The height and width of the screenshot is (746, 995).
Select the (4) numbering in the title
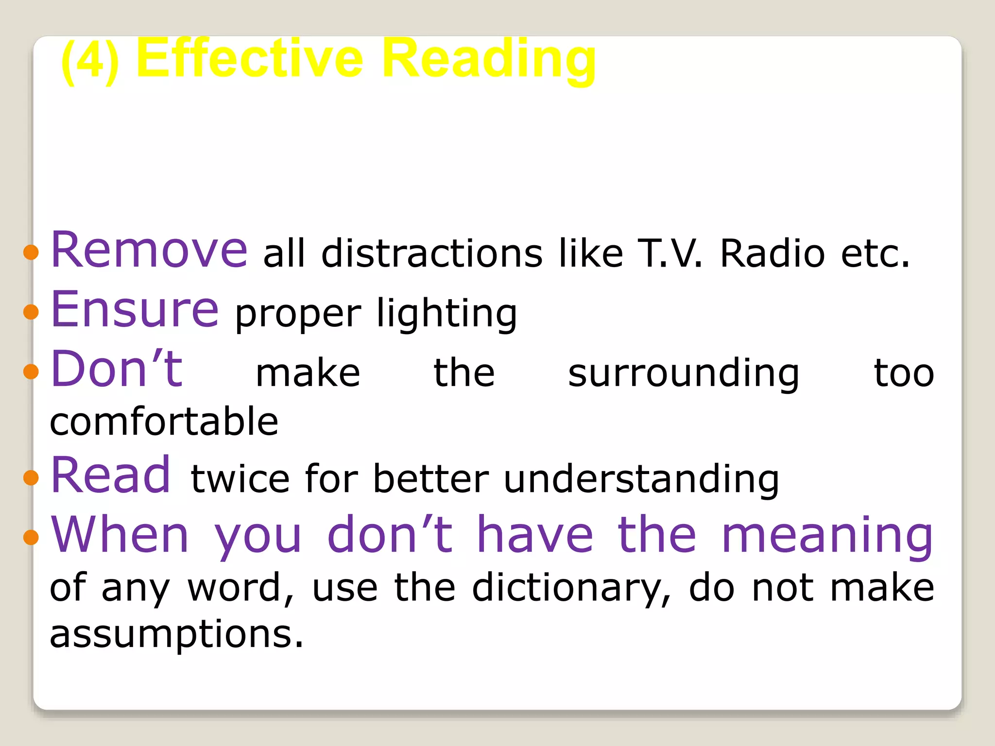pos(90,62)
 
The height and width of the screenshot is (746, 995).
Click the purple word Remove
pos(149,250)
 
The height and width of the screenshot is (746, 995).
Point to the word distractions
pos(432,254)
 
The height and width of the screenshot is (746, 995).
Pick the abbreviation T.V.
pos(670,254)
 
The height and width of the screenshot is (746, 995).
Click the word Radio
pos(772,254)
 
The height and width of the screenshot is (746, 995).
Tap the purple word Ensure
pos(135,309)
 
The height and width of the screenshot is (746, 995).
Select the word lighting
pos(447,314)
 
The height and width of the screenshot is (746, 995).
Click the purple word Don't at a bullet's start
pos(117,369)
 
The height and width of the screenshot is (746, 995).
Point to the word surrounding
pos(684,374)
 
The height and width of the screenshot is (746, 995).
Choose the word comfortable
pos(164,422)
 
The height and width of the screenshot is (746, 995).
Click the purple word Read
pos(111,475)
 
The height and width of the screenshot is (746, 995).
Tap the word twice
pos(240,479)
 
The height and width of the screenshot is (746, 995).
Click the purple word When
pos(120,535)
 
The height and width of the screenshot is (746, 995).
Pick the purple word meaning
pos(827,536)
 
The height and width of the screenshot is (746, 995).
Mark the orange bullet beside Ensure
pos(31,312)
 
